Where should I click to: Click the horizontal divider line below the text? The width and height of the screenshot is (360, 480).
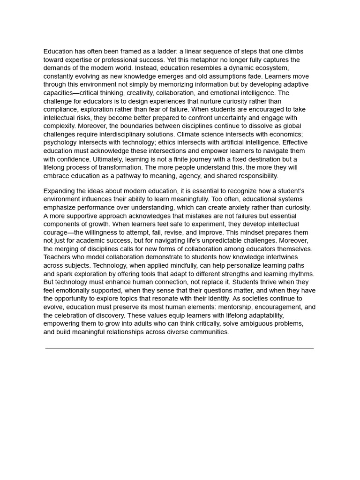180,349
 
